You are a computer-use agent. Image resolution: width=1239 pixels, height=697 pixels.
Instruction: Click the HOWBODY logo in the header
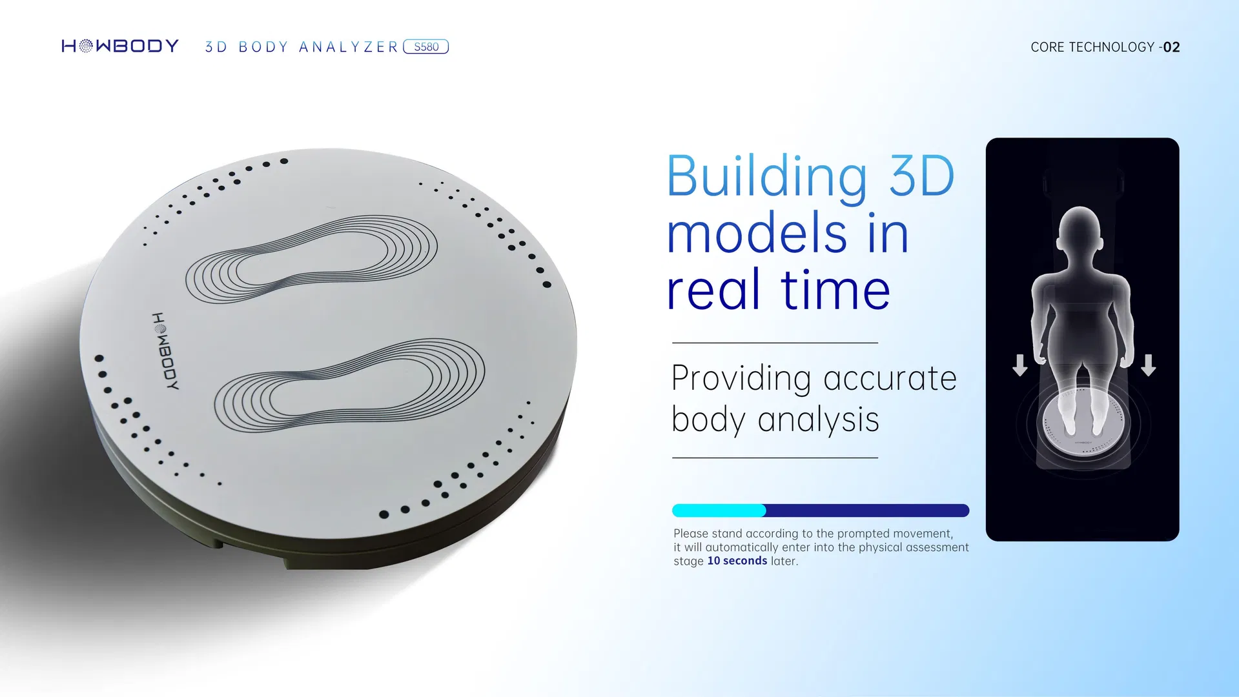(x=120, y=46)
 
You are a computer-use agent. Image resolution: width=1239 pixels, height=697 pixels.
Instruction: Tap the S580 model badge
(x=425, y=46)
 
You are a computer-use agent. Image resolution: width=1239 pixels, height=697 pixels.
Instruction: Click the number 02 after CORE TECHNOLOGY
(x=1171, y=47)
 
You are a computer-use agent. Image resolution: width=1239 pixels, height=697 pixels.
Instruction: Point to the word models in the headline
(x=756, y=234)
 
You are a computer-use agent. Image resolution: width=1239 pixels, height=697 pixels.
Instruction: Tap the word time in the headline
(x=835, y=290)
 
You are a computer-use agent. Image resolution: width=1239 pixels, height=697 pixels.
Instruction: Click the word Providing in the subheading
(x=741, y=378)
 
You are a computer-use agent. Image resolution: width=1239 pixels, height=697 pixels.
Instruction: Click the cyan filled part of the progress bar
(x=718, y=510)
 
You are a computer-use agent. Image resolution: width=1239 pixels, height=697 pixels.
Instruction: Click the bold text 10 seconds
(x=737, y=561)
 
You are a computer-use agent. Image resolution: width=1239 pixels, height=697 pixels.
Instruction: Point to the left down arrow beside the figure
(x=1019, y=365)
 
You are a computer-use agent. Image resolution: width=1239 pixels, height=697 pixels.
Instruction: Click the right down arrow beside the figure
(x=1148, y=365)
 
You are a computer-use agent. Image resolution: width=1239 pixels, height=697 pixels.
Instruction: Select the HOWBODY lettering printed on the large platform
(x=165, y=352)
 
